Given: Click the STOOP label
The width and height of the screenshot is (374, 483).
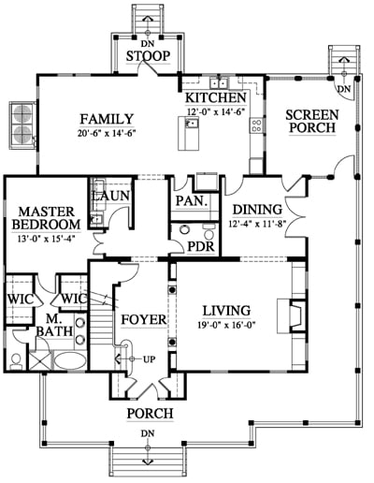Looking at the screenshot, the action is pyautogui.click(x=149, y=56).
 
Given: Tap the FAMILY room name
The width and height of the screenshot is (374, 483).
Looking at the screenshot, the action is pyautogui.click(x=107, y=119).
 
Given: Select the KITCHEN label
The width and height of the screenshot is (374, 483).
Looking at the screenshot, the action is pyautogui.click(x=216, y=98).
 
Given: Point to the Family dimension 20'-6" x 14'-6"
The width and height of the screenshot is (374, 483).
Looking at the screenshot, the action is pyautogui.click(x=107, y=134).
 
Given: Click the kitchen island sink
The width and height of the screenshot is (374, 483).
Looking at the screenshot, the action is pyautogui.click(x=192, y=124).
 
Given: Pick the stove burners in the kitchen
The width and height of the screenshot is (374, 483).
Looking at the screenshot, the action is pyautogui.click(x=256, y=125).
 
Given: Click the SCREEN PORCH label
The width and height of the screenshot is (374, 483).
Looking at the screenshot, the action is pyautogui.click(x=312, y=122).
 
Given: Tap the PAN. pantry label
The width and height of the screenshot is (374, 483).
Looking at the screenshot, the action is pyautogui.click(x=192, y=200).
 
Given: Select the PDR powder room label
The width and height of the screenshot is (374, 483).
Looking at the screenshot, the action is pyautogui.click(x=201, y=246).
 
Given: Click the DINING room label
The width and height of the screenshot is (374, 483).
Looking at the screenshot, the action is pyautogui.click(x=257, y=210).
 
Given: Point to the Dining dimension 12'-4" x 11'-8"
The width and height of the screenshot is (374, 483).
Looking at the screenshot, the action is pyautogui.click(x=257, y=224).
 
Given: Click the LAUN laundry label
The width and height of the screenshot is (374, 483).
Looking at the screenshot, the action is pyautogui.click(x=111, y=196).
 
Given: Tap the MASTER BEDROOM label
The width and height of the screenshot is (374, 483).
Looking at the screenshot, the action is pyautogui.click(x=46, y=218).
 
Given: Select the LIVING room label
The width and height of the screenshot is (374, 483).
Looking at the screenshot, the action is pyautogui.click(x=226, y=311).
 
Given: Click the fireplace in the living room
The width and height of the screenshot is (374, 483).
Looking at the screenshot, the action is pyautogui.click(x=293, y=315).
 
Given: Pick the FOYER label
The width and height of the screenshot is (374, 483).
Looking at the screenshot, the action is pyautogui.click(x=144, y=320).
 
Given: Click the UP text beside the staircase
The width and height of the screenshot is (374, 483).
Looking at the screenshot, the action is pyautogui.click(x=150, y=359).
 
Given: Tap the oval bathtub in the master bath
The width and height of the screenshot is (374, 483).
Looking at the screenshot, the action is pyautogui.click(x=70, y=361).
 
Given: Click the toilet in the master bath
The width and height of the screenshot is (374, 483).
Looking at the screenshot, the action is pyautogui.click(x=16, y=361).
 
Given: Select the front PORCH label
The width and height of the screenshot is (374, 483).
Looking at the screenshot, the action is pyautogui.click(x=150, y=414).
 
